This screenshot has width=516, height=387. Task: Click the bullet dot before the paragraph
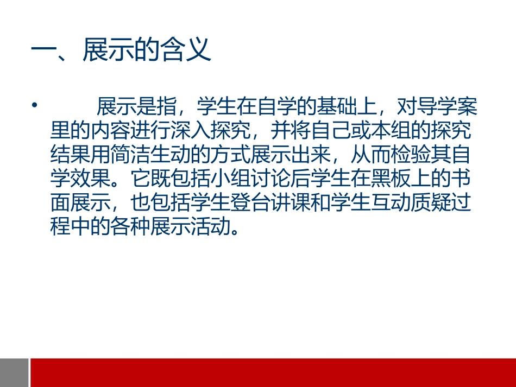pos(36,105)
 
